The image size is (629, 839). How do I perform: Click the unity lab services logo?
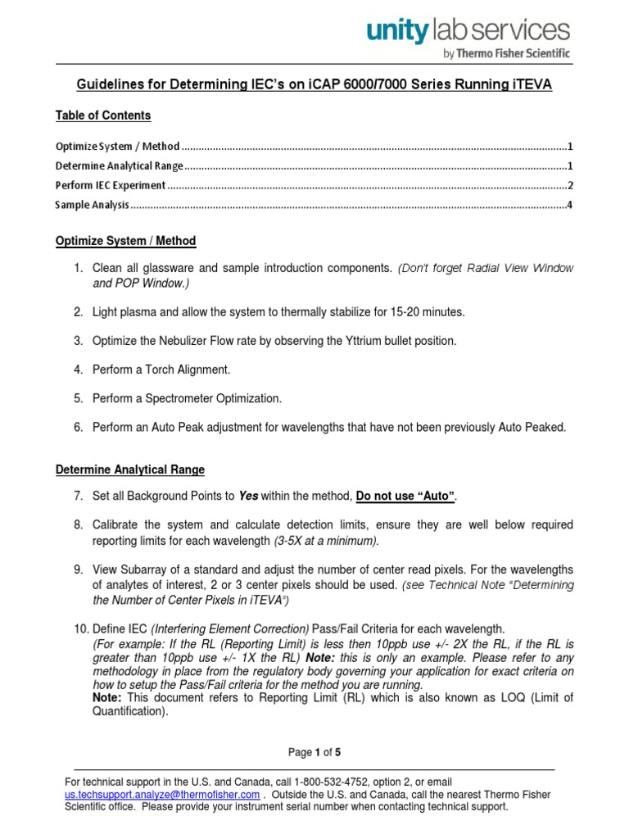click(x=468, y=32)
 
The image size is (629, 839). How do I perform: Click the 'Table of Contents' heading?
click(x=103, y=116)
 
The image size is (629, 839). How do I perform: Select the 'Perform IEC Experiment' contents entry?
click(x=111, y=185)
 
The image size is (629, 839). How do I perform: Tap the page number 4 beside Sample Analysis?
click(x=569, y=205)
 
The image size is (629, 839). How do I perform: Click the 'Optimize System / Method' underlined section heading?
click(x=125, y=241)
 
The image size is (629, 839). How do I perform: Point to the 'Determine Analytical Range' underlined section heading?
click(x=129, y=469)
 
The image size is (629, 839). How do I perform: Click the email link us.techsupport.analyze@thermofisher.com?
click(x=163, y=795)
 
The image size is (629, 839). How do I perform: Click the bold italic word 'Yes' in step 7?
click(x=247, y=496)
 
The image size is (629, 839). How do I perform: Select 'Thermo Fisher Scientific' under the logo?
click(x=514, y=54)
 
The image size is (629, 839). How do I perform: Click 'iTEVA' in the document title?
click(x=529, y=84)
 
